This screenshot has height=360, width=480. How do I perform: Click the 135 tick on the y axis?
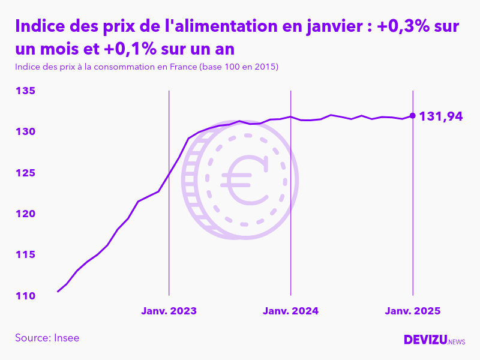[25, 91]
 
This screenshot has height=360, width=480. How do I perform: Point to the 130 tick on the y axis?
[25, 132]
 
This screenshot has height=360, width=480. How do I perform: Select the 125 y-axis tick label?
[25, 173]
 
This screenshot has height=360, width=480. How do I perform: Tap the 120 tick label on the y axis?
[25, 214]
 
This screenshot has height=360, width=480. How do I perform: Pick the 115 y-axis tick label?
[25, 255]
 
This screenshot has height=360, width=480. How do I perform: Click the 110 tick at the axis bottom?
[25, 296]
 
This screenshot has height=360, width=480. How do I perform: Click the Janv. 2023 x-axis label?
[169, 311]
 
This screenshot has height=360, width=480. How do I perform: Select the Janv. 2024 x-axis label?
[290, 311]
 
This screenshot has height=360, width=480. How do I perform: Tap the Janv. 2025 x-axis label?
[412, 311]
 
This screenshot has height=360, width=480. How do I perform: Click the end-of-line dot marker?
[412, 116]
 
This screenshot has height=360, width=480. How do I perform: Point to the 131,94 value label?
[440, 116]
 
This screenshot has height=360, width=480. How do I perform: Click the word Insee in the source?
[67, 338]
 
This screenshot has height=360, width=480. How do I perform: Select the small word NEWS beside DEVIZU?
[457, 342]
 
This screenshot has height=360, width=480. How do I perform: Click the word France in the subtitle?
[181, 67]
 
